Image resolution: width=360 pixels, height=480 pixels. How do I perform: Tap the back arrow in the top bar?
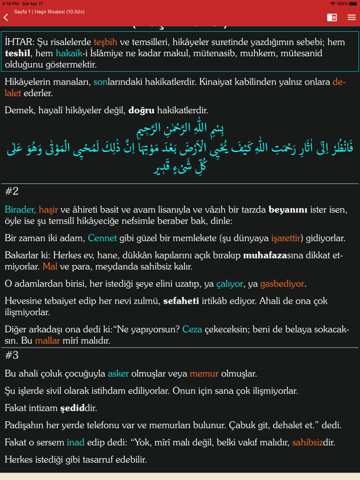click(x=6, y=17)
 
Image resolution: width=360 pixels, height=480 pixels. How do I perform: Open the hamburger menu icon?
click(x=352, y=17)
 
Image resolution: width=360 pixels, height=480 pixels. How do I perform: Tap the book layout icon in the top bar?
click(x=332, y=17)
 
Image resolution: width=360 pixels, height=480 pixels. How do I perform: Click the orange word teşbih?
click(x=106, y=42)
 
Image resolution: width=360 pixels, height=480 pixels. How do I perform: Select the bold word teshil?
click(x=17, y=53)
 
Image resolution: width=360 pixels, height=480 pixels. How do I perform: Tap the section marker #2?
click(x=12, y=191)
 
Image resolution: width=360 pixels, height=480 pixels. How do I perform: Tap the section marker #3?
click(x=12, y=355)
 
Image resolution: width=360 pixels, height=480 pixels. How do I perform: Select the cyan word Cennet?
click(x=102, y=238)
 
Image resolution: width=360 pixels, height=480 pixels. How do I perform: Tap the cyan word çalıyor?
click(x=229, y=284)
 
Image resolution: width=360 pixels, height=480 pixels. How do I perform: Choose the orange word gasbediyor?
click(x=282, y=284)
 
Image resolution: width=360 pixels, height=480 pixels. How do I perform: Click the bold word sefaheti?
click(x=181, y=301)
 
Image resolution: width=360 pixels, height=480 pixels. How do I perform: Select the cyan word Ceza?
click(x=192, y=329)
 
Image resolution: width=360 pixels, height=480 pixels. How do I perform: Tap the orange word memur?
click(x=204, y=374)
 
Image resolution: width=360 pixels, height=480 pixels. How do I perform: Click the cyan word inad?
click(x=75, y=442)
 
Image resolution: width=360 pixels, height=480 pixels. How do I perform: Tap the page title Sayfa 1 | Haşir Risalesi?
click(x=49, y=12)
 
